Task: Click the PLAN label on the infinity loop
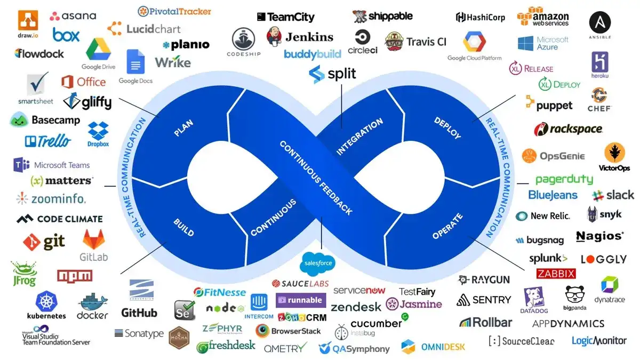click(x=183, y=129)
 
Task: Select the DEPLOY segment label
click(x=447, y=129)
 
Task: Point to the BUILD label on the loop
click(x=183, y=227)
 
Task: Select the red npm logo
click(x=75, y=276)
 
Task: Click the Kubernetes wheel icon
click(x=46, y=300)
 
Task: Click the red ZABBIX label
click(x=556, y=274)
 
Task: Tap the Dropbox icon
click(x=98, y=131)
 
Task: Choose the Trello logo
click(x=47, y=141)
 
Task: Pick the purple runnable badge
click(x=300, y=300)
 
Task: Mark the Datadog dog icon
click(x=534, y=298)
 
